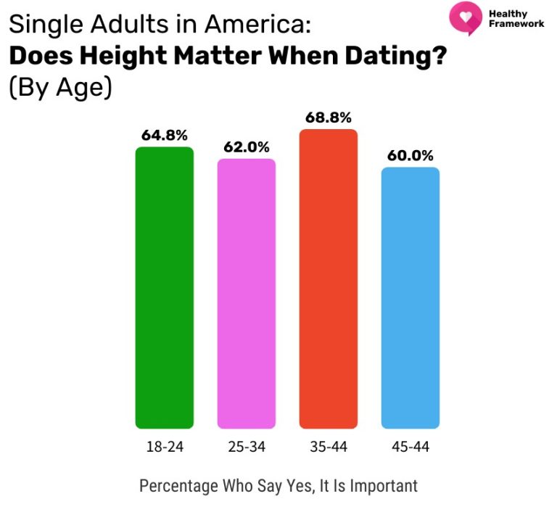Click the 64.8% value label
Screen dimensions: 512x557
coord(165,135)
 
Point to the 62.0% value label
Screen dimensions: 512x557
coord(247,146)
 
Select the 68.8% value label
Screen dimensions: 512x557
coord(329,117)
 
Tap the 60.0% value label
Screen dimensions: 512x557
coord(410,155)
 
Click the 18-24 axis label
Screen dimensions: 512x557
coord(165,447)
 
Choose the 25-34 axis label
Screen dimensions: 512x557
coord(247,447)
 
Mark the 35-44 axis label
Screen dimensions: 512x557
coord(329,447)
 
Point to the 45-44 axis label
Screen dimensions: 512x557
coord(410,447)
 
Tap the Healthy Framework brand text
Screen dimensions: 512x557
coord(516,19)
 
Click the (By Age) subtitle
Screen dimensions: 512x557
coord(59,88)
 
